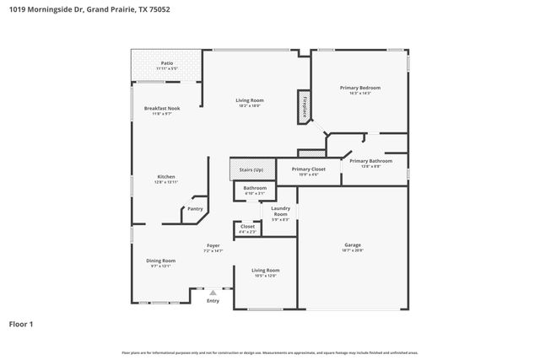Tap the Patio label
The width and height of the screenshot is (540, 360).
pos(167,62)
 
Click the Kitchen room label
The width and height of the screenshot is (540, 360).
pos(166,176)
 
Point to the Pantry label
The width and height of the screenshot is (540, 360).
pos(195,209)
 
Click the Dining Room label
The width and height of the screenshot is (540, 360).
pos(160,261)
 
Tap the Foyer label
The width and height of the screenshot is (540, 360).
pos(213,245)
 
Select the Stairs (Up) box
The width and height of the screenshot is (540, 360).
pos(251,169)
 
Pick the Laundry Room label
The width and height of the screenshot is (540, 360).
pos(280,211)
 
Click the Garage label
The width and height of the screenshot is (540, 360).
pos(352,245)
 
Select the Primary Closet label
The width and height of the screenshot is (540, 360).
pos(308,169)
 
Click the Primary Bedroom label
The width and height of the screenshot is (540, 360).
pos(360,88)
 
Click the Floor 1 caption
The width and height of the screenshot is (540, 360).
pos(22,323)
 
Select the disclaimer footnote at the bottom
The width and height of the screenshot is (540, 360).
pos(270,352)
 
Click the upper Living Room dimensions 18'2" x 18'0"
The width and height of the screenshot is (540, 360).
pos(249,105)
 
